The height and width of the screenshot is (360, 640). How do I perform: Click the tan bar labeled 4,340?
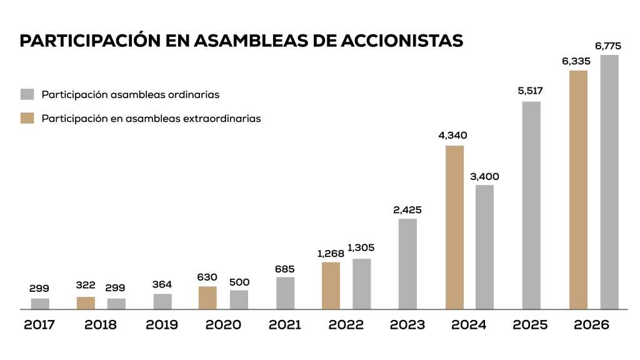pyautogui.click(x=454, y=227)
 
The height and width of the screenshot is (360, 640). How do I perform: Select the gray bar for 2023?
pyautogui.click(x=407, y=264)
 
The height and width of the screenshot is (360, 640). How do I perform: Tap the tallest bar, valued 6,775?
pyautogui.click(x=609, y=182)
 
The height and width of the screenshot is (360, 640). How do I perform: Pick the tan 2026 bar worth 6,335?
pyautogui.click(x=579, y=189)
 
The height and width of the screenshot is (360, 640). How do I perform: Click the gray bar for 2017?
pyautogui.click(x=40, y=304)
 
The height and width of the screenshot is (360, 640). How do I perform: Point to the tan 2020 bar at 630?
pyautogui.click(x=207, y=297)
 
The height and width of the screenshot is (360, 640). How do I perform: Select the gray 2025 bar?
pyautogui.click(x=531, y=205)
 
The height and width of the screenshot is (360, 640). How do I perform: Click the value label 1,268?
pyautogui.click(x=331, y=253)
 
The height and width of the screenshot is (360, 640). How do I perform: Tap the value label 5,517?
pyautogui.click(x=531, y=91)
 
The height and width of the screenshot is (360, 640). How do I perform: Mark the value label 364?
pyautogui.click(x=162, y=284)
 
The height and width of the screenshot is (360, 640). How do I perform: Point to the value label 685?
pyautogui.click(x=285, y=269)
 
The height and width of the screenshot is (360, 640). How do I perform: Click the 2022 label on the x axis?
pyautogui.click(x=346, y=325)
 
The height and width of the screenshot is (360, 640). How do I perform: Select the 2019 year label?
pyautogui.click(x=162, y=325)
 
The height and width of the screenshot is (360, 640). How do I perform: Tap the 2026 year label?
pyautogui.click(x=592, y=325)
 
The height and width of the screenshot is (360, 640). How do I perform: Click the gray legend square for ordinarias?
pyautogui.click(x=27, y=94)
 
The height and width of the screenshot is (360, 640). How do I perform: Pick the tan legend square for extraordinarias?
pyautogui.click(x=27, y=118)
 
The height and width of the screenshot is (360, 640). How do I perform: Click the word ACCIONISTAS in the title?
pyautogui.click(x=402, y=41)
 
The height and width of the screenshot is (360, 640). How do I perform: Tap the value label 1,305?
pyautogui.click(x=361, y=248)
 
